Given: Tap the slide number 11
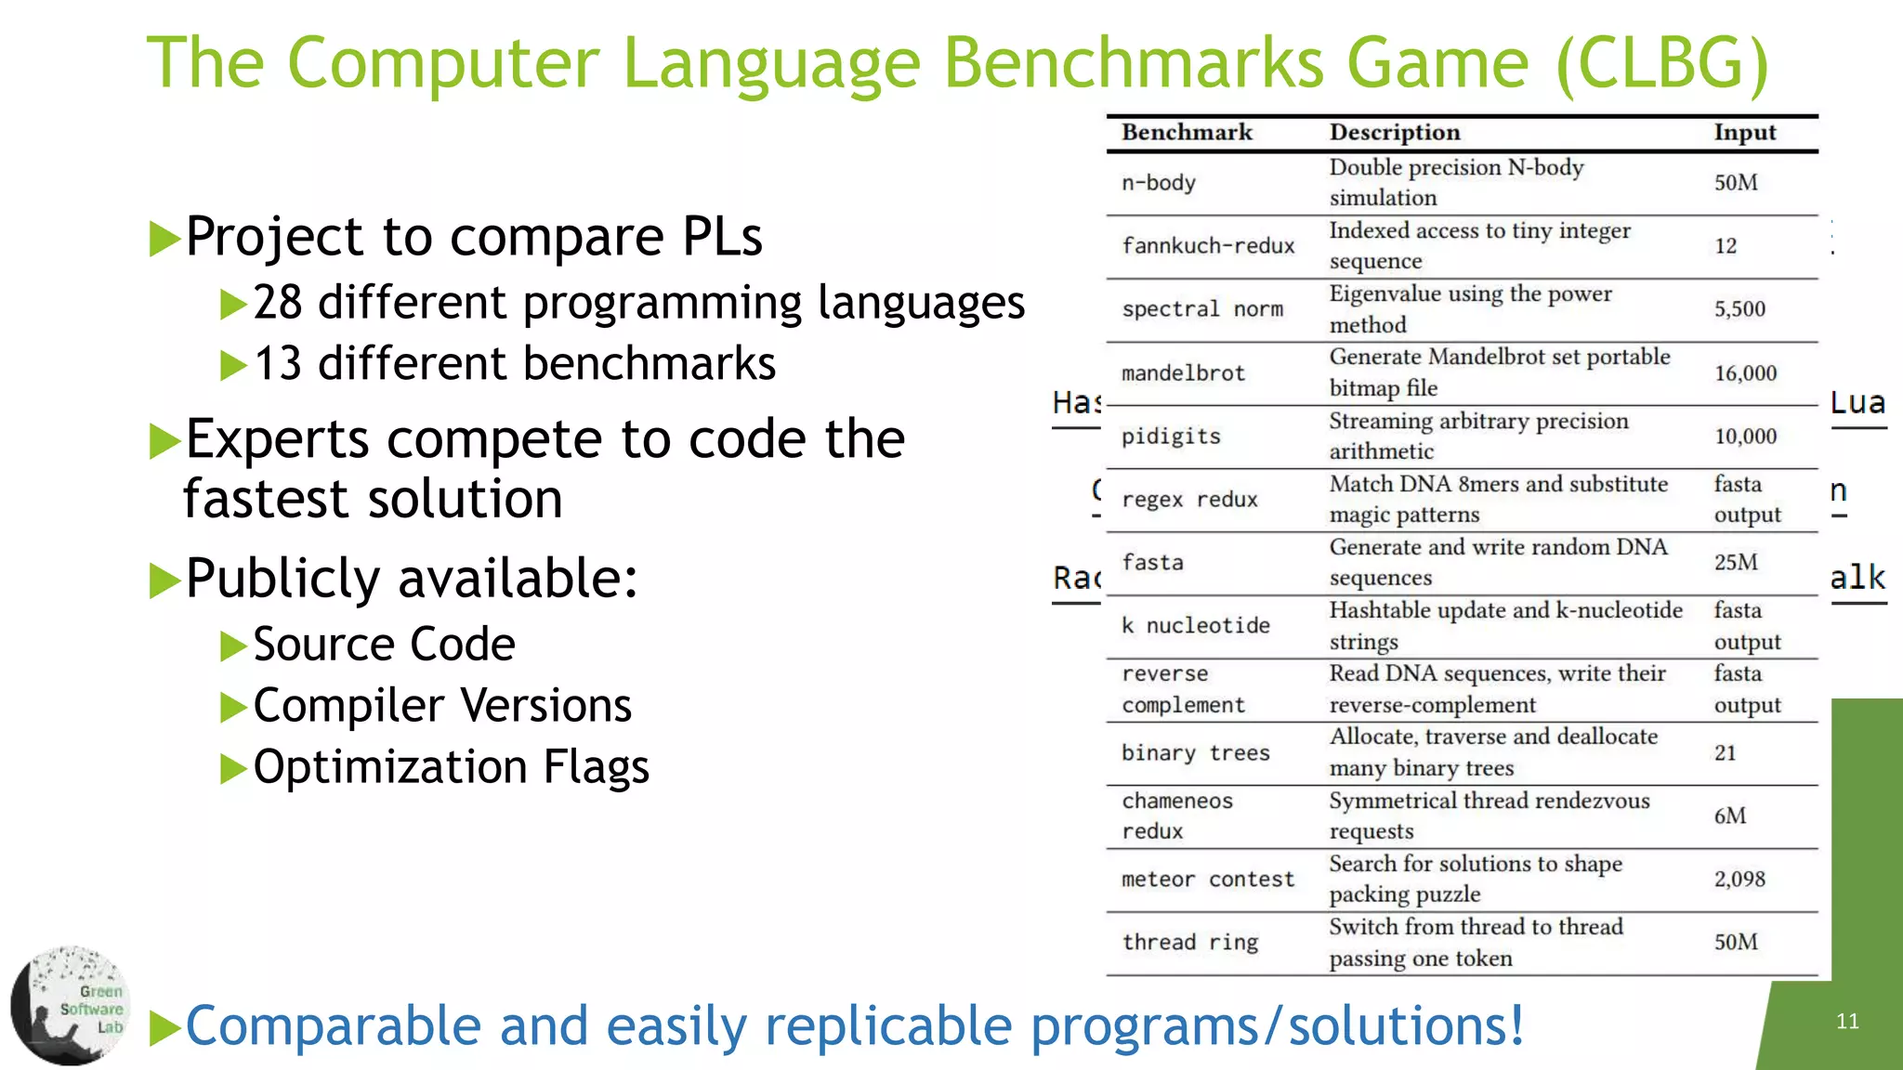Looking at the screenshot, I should (1847, 1022).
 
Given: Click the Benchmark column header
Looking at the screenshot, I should (1187, 133).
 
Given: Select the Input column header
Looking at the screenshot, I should (1744, 133).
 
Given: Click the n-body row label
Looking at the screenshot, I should (1158, 183).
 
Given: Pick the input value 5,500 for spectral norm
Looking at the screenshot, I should (1739, 309).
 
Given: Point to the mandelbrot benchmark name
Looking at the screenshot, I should (1182, 373).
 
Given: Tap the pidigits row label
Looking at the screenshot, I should (1171, 437).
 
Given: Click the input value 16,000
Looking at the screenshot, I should (1745, 373).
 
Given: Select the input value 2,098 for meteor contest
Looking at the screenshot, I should (1739, 879).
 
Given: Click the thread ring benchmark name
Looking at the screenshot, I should (1189, 943).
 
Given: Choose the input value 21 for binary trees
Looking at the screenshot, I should (1725, 753).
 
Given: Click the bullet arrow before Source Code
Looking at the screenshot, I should (232, 646).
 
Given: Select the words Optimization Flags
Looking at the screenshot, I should (451, 767).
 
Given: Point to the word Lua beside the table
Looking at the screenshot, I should (1857, 403).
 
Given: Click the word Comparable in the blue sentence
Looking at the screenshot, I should (333, 1026).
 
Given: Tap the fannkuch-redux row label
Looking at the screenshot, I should (1207, 246).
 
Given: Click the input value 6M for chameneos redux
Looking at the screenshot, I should (1729, 816).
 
